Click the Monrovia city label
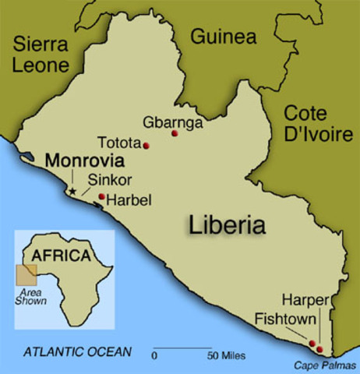[84, 162]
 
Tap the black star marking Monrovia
[72, 189]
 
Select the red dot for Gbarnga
[175, 135]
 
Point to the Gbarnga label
[173, 122]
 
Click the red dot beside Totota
[146, 146]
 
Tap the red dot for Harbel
[102, 196]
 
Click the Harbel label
[129, 200]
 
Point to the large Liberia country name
[227, 225]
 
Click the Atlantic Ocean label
[77, 352]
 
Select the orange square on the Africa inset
[26, 273]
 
